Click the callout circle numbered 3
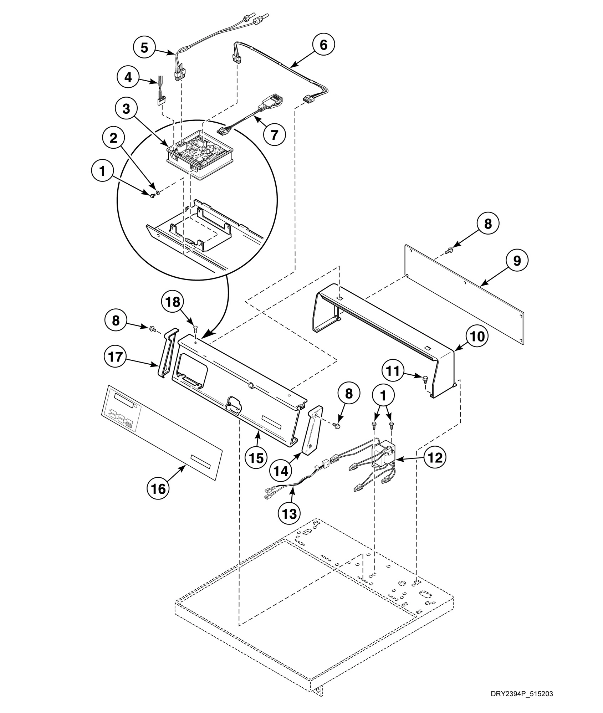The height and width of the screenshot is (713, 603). (x=126, y=109)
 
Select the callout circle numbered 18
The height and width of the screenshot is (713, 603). (x=173, y=302)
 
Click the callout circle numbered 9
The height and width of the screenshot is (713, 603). (x=516, y=261)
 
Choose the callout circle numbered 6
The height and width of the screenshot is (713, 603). (x=323, y=45)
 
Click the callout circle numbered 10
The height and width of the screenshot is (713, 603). (x=477, y=336)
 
